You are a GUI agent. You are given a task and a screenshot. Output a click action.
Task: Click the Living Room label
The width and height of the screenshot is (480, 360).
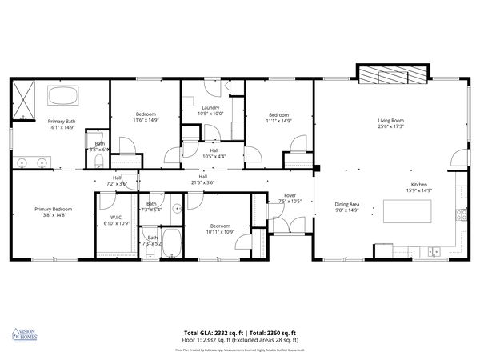click(390, 120)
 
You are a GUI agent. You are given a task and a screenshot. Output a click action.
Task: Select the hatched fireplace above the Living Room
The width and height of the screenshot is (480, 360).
click(385, 74)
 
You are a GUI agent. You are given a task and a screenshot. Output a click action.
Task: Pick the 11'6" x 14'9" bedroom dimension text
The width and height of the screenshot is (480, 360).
click(146, 120)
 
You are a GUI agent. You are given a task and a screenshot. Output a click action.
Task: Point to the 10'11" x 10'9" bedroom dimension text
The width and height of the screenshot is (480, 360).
click(220, 231)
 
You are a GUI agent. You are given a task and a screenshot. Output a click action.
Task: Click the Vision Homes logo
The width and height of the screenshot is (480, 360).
click(26, 335)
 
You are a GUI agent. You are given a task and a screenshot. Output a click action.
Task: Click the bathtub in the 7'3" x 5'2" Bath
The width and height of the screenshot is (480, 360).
click(172, 247)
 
